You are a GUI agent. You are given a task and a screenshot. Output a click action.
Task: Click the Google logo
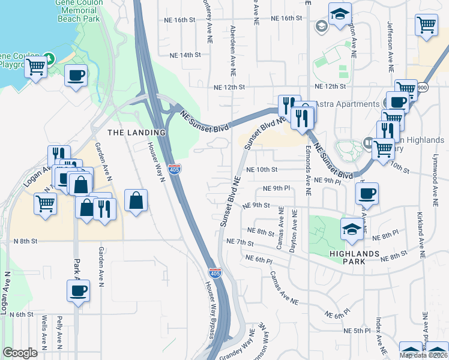tap(20, 353)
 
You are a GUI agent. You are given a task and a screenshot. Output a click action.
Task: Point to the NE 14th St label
tap(184, 55)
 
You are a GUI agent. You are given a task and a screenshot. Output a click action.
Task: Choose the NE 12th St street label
tap(229, 87)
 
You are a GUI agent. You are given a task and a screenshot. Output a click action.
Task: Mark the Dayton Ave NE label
tap(294, 230)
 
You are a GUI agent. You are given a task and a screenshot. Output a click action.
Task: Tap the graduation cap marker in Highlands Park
tap(352, 229)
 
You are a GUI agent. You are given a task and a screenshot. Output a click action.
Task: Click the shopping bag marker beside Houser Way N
tap(136, 200)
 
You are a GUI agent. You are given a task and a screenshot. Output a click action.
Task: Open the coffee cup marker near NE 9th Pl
tap(367, 193)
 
